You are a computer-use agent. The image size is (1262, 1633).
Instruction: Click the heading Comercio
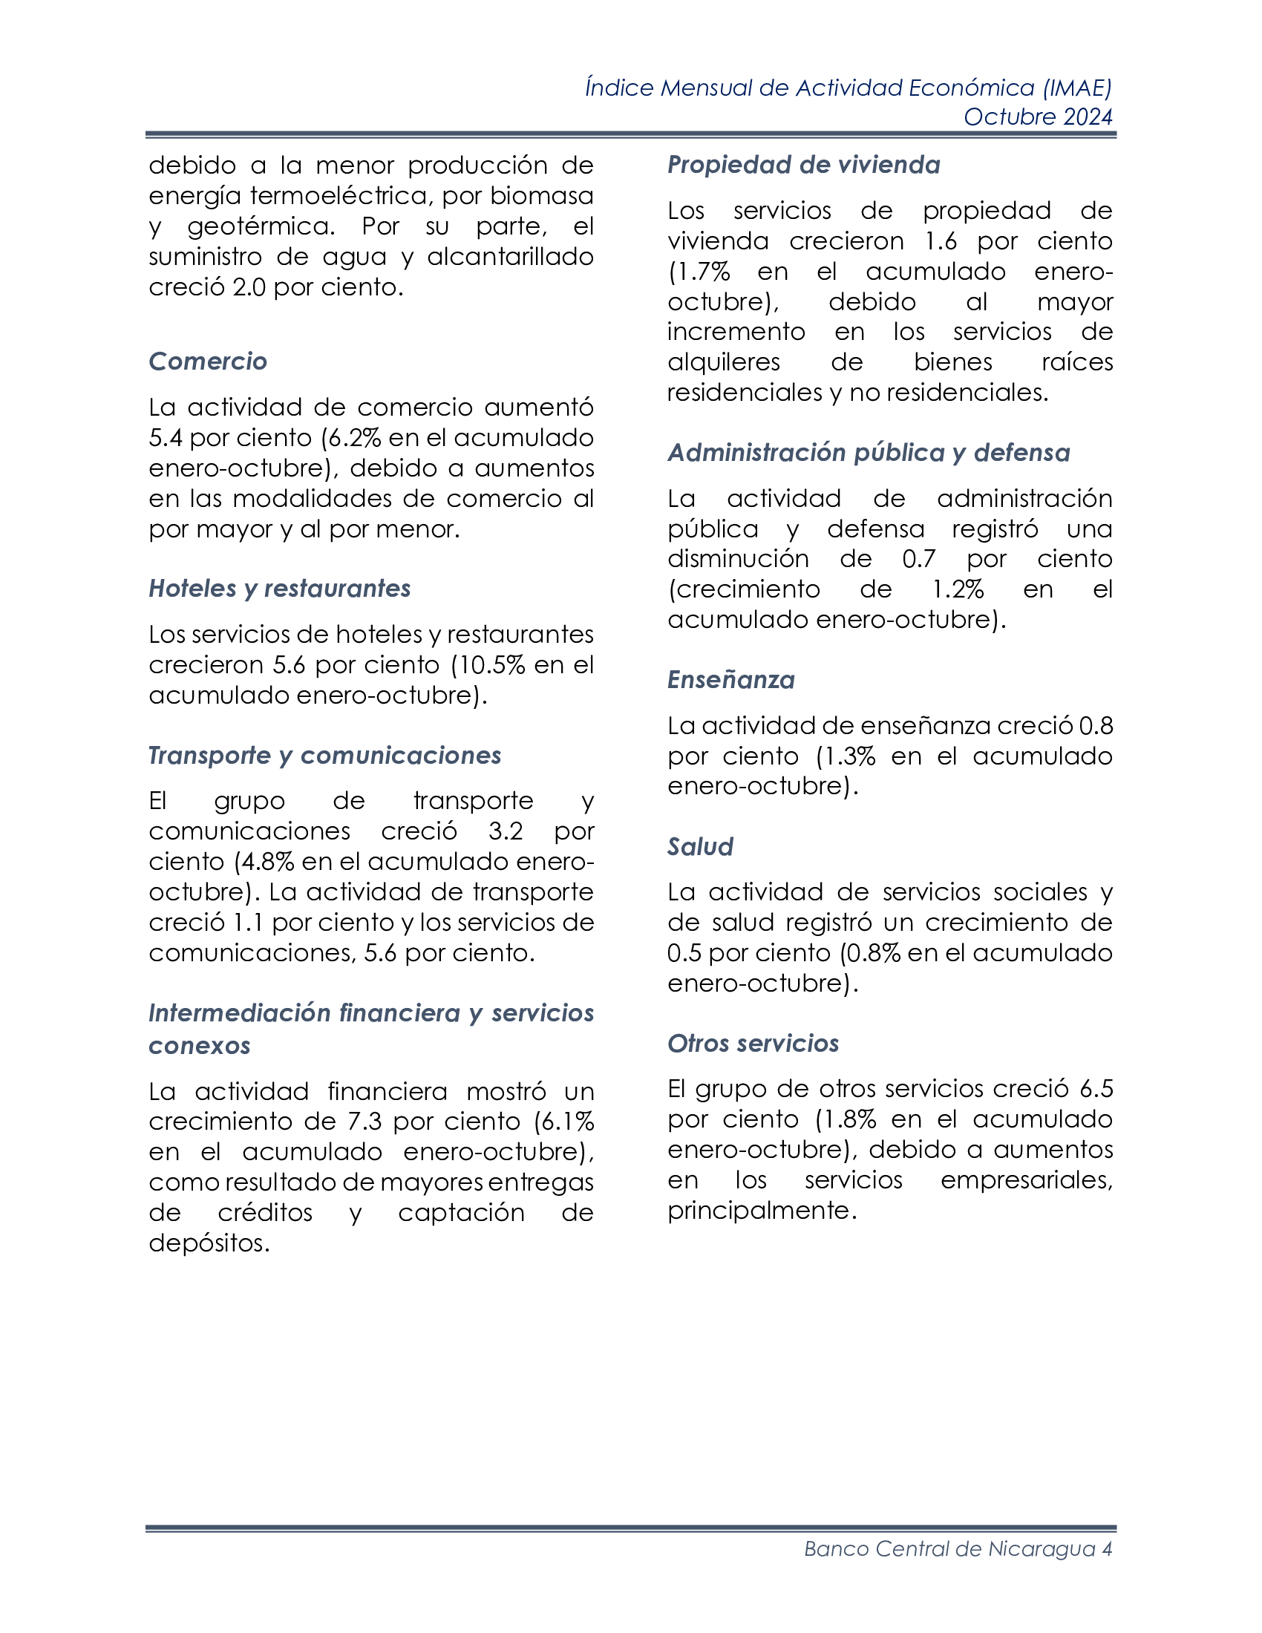point(208,361)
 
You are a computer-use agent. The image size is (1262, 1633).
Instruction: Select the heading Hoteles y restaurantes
point(280,589)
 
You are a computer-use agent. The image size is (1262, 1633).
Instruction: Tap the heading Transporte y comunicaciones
point(324,755)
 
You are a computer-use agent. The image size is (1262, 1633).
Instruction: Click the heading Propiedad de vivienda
point(804,165)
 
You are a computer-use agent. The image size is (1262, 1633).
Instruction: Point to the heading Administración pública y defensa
point(869,452)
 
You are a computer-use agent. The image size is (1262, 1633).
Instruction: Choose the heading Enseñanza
point(730,680)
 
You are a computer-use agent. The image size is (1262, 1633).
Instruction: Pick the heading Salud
point(700,846)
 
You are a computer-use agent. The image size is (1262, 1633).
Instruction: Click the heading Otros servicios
point(753,1043)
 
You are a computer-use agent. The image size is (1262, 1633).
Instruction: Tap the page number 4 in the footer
point(1107,1548)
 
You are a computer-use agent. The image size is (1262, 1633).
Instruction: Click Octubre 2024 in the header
point(1038,117)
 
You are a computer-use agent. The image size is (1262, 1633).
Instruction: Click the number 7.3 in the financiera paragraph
point(364,1122)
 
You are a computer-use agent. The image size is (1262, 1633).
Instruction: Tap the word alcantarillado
point(510,257)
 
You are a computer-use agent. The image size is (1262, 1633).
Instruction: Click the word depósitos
point(209,1243)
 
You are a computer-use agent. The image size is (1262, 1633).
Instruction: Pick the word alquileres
point(723,362)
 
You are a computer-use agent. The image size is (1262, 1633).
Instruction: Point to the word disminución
point(738,558)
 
